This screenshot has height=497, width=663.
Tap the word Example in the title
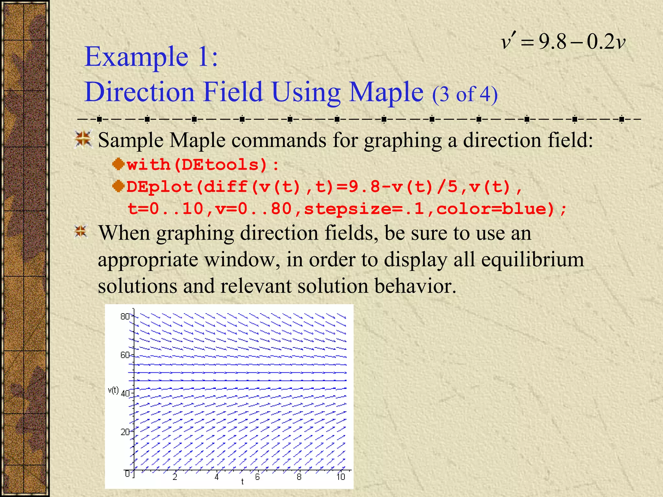136,57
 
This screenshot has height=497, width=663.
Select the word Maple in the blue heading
387,92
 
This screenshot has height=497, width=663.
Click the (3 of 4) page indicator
465,94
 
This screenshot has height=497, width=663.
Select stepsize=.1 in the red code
364,209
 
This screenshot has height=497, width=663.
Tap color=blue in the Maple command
495,209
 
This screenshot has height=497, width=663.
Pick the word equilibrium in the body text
533,260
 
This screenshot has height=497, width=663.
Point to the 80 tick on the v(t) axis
125,316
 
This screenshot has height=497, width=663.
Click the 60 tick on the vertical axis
125,355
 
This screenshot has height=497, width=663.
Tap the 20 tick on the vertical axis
125,432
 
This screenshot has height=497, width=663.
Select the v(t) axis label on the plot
113,391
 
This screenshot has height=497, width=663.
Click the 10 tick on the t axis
341,477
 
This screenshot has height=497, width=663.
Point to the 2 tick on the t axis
175,477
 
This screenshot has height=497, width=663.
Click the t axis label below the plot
242,482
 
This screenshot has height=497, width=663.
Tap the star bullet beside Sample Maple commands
84,139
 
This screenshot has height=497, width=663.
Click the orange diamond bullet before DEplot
118,186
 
